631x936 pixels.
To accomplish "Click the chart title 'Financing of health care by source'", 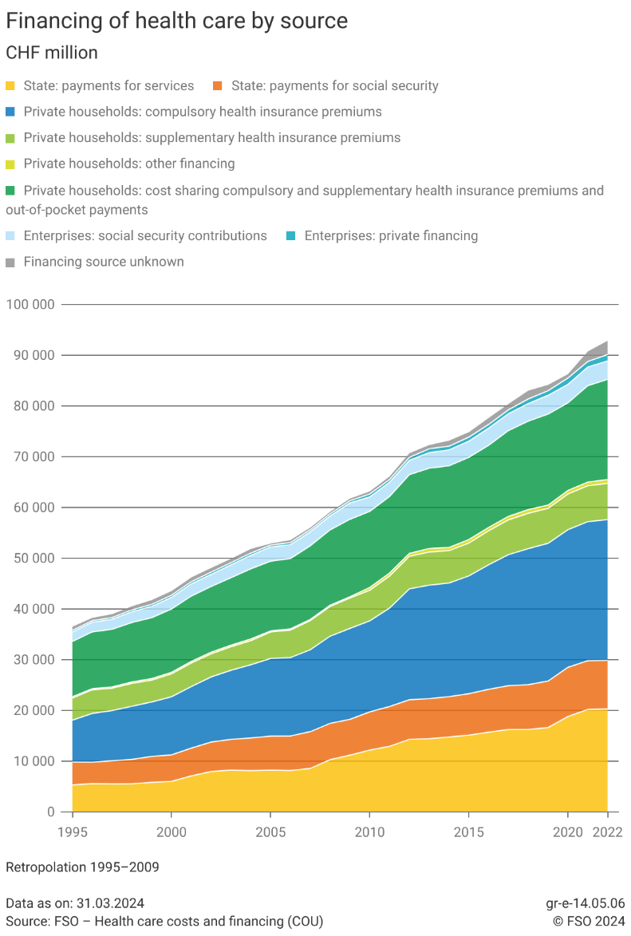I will point(176,21).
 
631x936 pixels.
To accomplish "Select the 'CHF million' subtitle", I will point(52,53).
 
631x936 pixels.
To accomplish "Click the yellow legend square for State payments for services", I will point(10,85).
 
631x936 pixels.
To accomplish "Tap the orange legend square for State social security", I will point(218,85).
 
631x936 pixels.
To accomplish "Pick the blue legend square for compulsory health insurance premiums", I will point(10,112).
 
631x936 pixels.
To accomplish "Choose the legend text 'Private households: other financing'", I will point(129,164).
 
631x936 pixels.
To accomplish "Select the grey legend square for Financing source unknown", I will point(10,262).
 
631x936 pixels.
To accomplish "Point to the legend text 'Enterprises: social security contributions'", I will point(145,235).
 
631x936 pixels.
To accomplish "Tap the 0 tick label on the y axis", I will point(51,812).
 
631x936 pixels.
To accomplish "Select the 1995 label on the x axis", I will point(73,832).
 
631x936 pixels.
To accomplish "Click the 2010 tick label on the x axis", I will point(369,832).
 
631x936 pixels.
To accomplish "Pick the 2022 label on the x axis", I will point(608,832).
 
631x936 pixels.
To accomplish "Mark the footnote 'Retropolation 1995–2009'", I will point(82,867).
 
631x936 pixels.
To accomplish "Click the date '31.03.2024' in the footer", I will point(110,903).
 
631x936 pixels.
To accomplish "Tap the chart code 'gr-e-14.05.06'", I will point(585,903).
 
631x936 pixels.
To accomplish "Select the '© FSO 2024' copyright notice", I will point(589,922).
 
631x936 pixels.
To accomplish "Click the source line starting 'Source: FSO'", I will point(164,922).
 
